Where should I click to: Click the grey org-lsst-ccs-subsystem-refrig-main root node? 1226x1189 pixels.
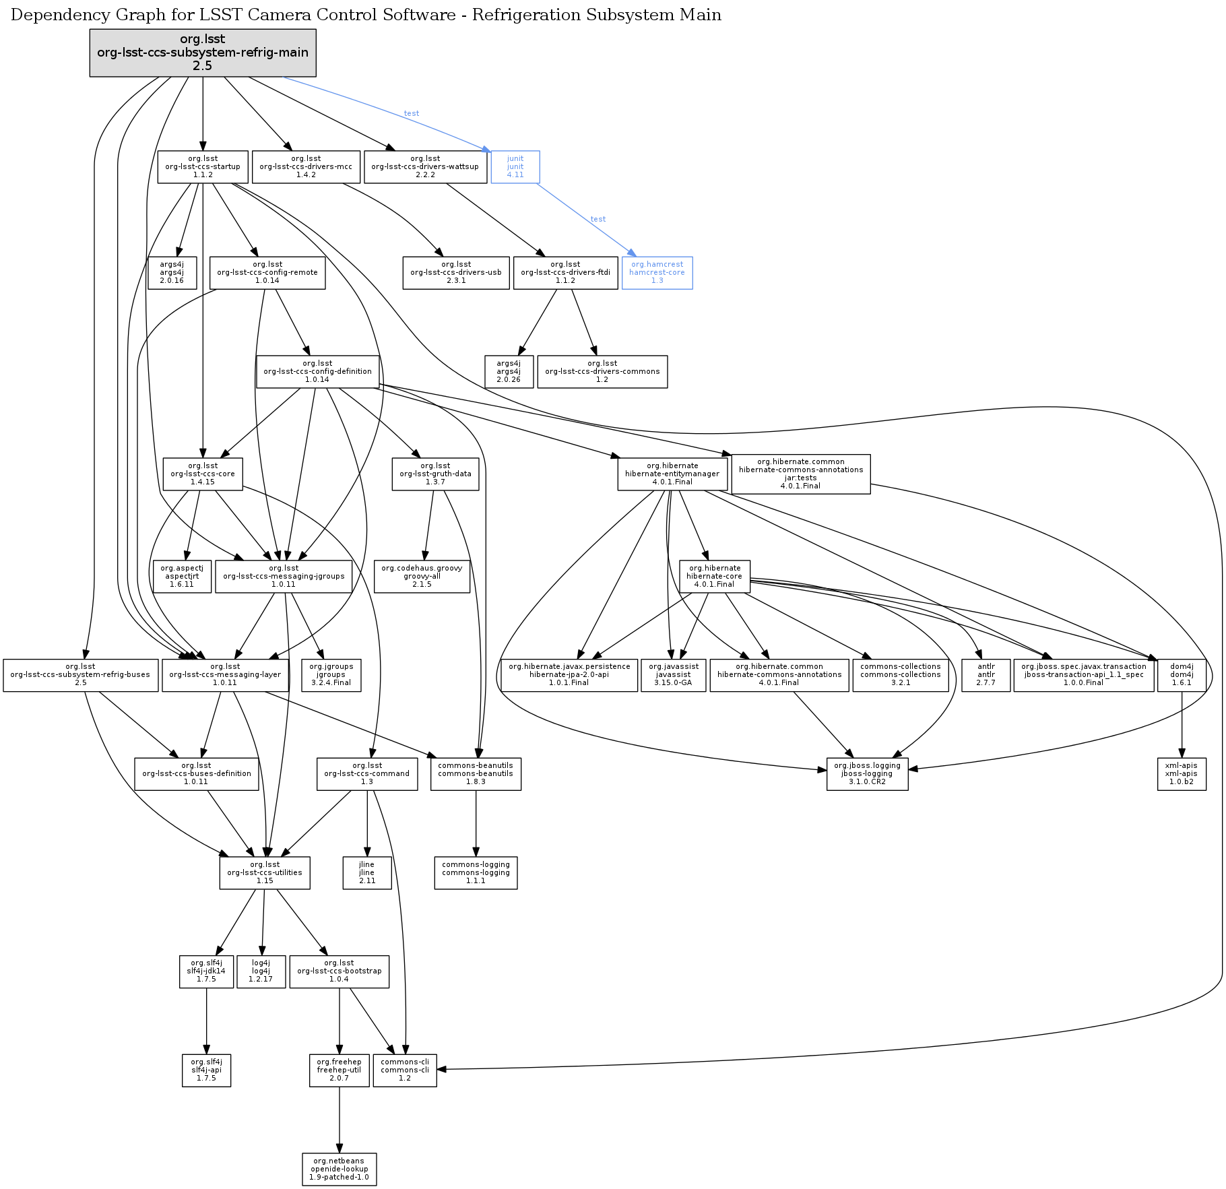click(x=203, y=53)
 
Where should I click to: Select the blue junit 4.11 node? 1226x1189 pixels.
click(x=515, y=167)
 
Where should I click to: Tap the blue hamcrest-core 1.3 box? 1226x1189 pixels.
click(x=657, y=273)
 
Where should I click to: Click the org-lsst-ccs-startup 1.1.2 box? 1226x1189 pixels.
click(x=203, y=167)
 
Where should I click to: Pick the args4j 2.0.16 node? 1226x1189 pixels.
click(x=172, y=273)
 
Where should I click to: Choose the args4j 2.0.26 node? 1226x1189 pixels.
click(x=509, y=372)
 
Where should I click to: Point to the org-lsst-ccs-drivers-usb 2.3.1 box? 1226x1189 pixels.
click(x=456, y=273)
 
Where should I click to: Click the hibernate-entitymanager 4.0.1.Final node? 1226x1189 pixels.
click(x=672, y=474)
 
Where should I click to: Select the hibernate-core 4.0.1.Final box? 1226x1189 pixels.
click(x=714, y=577)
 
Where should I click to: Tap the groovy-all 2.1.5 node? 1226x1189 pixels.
click(x=422, y=577)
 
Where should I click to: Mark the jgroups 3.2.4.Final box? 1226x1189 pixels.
click(x=331, y=675)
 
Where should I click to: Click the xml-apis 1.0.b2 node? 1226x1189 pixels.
click(x=1182, y=774)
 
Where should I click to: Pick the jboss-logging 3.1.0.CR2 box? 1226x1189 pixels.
click(x=867, y=774)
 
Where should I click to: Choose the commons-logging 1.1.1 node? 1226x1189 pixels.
click(x=476, y=873)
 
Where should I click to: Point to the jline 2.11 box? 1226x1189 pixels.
click(x=366, y=873)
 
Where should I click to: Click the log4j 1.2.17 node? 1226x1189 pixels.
click(x=261, y=971)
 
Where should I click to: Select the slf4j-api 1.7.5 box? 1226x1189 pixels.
click(x=206, y=1070)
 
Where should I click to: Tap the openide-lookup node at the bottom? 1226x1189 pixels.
click(x=339, y=1169)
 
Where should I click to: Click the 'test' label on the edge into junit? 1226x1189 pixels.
click(x=412, y=114)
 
